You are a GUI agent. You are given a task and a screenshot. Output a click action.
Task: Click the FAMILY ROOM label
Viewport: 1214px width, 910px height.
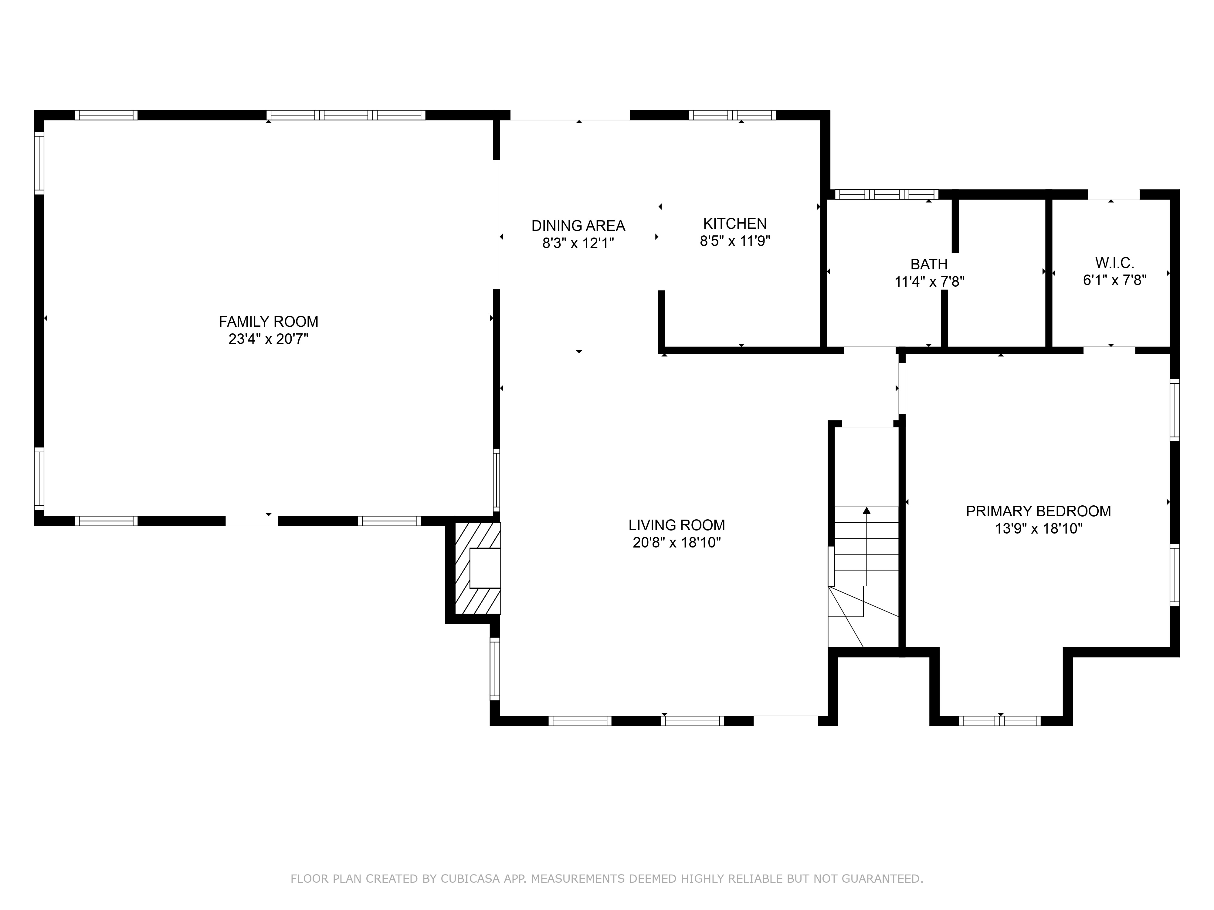tap(268, 322)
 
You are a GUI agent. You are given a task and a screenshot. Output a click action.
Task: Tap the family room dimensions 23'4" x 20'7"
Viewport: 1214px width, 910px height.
tap(268, 339)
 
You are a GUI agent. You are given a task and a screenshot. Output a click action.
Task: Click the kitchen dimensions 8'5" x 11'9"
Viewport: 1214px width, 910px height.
tap(735, 241)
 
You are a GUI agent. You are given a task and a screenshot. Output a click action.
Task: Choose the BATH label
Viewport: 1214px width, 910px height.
tap(929, 265)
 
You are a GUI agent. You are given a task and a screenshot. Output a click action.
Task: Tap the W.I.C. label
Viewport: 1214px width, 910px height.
tap(1115, 262)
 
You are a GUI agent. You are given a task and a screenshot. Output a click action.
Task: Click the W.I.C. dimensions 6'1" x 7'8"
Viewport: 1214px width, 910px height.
tap(1115, 280)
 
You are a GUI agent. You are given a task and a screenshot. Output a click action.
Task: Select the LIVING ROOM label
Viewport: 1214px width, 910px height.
tap(677, 525)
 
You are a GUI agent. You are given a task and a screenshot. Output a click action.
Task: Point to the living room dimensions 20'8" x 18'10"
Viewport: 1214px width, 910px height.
tap(677, 542)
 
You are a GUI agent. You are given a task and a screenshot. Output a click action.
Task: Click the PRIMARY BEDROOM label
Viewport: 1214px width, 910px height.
tap(1038, 511)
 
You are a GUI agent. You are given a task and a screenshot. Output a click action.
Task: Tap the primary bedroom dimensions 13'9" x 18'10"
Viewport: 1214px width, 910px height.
tap(1038, 529)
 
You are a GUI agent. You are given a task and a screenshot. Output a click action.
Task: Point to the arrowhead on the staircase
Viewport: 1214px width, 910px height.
tap(866, 510)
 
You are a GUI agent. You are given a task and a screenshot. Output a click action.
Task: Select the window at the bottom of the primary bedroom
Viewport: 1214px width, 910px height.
tap(999, 721)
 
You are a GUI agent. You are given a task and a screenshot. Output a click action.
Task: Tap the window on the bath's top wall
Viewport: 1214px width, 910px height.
tap(886, 194)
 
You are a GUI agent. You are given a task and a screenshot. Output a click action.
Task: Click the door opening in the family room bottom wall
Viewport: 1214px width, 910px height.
tap(252, 521)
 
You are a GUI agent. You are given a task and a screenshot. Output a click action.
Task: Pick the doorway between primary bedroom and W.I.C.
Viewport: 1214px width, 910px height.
tap(1109, 350)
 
